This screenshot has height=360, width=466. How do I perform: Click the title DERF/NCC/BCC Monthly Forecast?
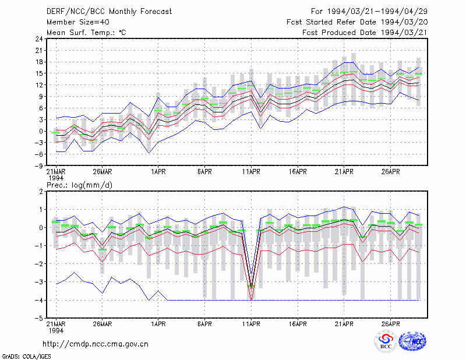(109, 12)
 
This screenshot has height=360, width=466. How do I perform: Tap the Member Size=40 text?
(78, 22)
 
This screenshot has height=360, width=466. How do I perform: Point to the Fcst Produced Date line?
(365, 33)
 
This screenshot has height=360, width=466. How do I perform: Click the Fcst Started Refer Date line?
(357, 22)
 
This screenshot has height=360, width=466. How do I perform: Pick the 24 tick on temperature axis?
(39, 39)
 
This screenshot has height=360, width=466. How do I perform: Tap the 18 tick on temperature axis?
(39, 62)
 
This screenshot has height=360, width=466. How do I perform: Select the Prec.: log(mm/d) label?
(79, 185)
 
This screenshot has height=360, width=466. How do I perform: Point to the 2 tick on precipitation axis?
(41, 192)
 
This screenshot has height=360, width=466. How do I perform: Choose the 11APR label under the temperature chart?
(251, 172)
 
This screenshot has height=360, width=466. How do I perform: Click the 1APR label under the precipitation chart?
(158, 324)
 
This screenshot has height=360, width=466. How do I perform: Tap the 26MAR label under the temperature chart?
(103, 172)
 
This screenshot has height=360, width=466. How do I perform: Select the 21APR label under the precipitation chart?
(344, 324)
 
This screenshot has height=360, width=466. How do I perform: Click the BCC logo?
(386, 341)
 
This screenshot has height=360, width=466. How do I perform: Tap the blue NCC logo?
(412, 341)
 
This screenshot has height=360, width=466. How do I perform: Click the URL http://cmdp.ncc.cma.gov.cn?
(96, 344)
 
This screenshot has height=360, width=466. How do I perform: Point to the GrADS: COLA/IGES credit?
(26, 357)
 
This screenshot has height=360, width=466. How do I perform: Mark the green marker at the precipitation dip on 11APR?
(251, 286)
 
